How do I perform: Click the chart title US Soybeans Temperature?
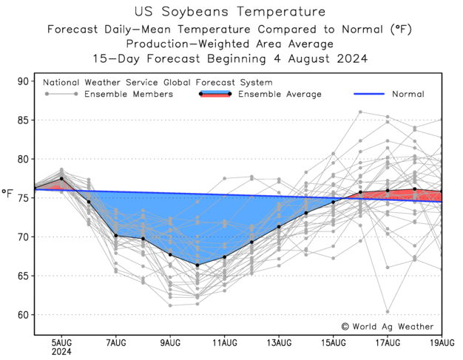231,12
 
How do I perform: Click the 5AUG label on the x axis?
61,343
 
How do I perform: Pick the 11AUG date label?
224,343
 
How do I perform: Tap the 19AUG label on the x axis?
442,343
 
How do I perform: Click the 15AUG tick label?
334,343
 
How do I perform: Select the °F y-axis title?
8,194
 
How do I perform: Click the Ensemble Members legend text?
129,95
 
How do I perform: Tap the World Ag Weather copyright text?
388,326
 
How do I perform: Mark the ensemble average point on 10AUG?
197,265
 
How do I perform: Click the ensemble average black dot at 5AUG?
61,179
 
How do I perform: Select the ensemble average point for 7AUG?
115,236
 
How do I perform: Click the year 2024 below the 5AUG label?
61,353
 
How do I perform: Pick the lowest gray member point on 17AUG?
388,311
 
